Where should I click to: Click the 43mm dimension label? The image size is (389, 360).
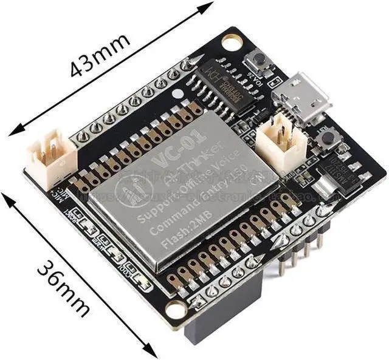tap(100, 56)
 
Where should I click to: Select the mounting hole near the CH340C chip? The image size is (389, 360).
tap(232, 41)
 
